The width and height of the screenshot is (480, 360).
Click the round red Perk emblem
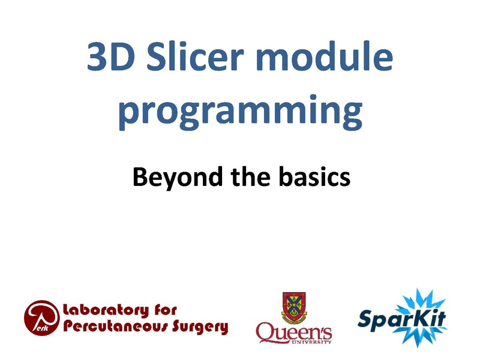tap(42, 317)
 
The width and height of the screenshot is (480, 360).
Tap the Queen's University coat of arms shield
tap(293, 307)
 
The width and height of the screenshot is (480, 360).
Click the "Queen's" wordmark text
tap(294, 331)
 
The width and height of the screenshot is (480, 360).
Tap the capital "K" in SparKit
tap(421, 317)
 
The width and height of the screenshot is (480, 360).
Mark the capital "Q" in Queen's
tap(265, 331)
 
